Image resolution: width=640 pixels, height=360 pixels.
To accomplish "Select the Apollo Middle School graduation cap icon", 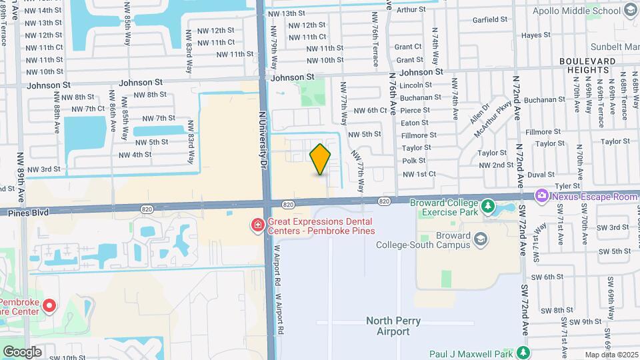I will click(x=631, y=10).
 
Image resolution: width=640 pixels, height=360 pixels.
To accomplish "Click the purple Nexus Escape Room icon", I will click(x=542, y=195).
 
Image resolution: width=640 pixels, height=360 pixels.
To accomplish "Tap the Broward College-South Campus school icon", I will click(x=480, y=238).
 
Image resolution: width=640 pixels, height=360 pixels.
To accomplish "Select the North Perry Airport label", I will click(x=393, y=325).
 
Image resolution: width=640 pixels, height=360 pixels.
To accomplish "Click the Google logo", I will click(x=22, y=351).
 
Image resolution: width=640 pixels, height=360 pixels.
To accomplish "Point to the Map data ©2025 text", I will click(x=611, y=355).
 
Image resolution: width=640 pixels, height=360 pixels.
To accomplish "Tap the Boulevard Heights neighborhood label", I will click(x=587, y=65).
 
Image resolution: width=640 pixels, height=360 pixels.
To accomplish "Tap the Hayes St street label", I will click(x=535, y=35).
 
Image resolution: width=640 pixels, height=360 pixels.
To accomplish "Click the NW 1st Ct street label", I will click(x=419, y=173).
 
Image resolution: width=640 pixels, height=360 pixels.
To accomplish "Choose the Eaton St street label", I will click(x=414, y=123).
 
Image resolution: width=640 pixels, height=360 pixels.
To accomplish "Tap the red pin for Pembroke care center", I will click(x=49, y=305).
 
